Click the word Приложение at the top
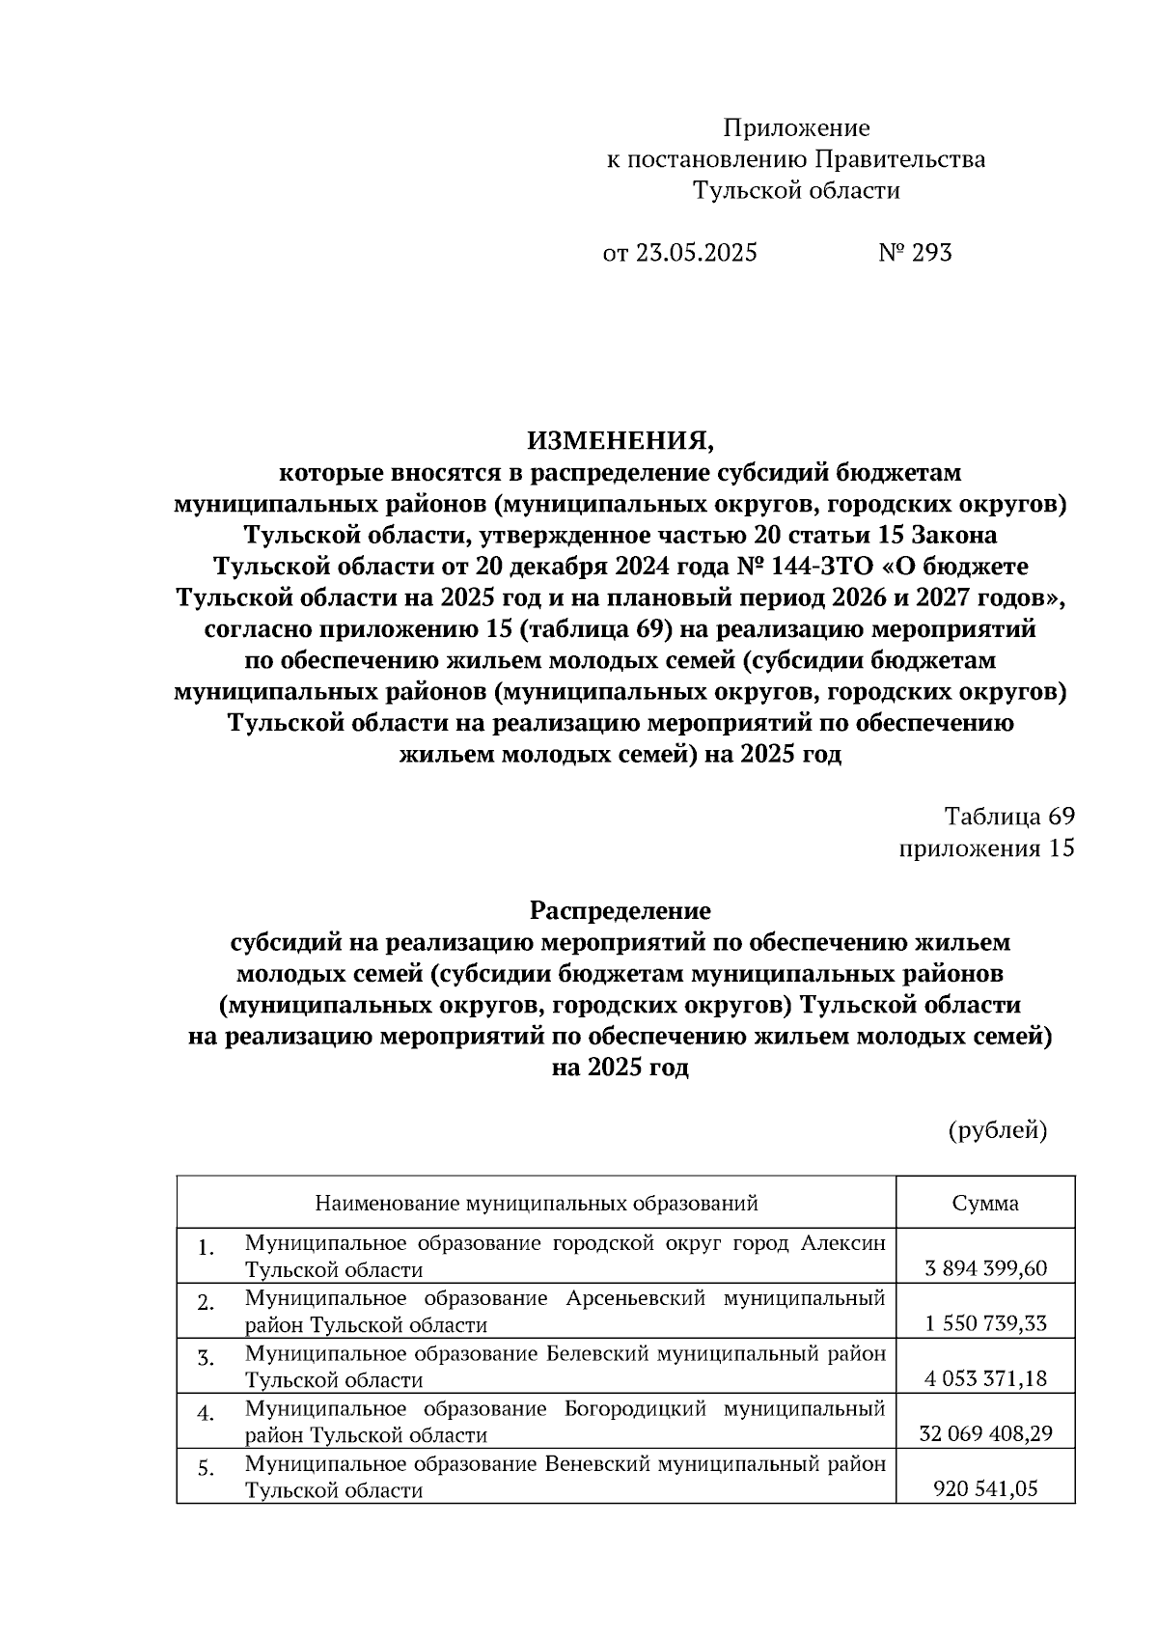[796, 128]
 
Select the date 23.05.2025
[694, 253]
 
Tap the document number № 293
[915, 253]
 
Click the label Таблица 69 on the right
[1008, 817]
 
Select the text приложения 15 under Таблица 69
[985, 848]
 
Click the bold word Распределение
[620, 910]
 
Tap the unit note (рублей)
[997, 1130]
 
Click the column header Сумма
[985, 1203]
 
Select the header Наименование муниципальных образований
[536, 1203]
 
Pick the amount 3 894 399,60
[985, 1268]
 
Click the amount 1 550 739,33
[985, 1323]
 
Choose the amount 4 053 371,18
[985, 1378]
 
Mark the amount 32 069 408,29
[985, 1434]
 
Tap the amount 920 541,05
[985, 1489]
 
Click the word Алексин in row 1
[842, 1243]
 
